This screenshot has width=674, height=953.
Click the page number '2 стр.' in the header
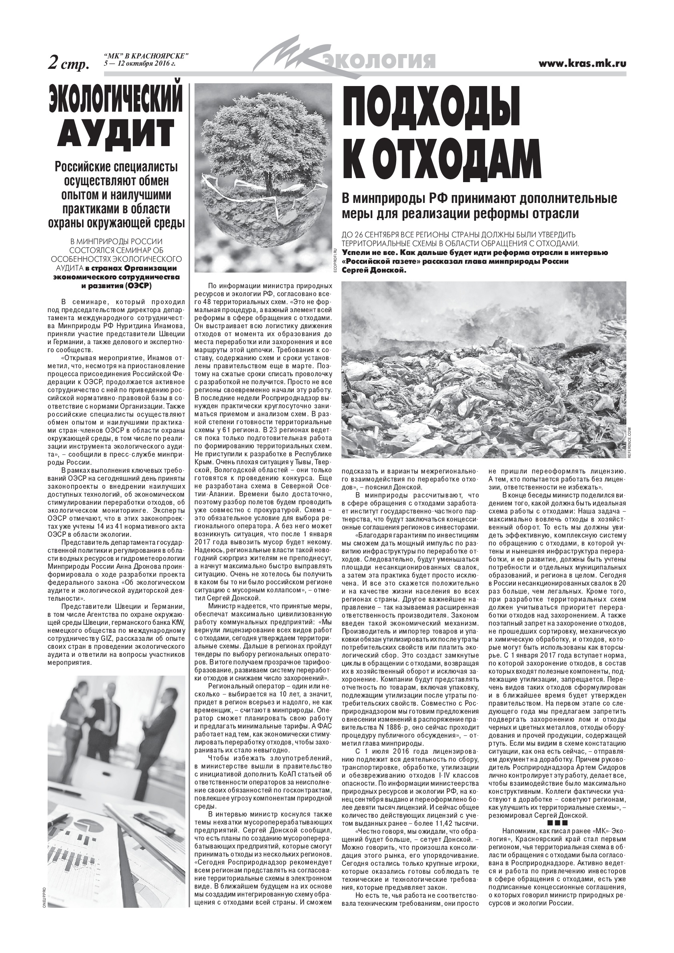pos(69,63)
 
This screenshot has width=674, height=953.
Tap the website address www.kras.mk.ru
pos(582,64)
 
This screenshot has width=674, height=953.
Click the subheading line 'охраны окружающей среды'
pos(116,223)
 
